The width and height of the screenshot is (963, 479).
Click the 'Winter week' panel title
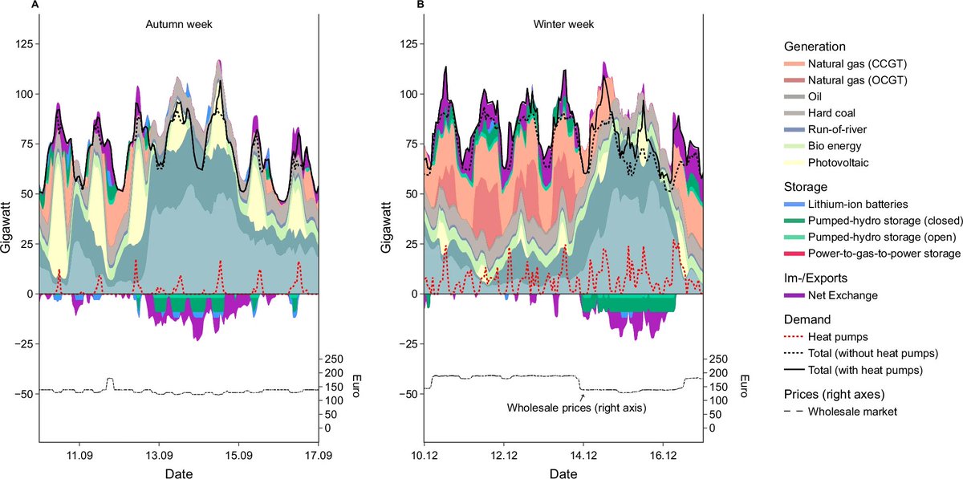563,24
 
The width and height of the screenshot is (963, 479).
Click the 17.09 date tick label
319,453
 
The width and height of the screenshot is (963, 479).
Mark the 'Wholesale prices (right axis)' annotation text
577,408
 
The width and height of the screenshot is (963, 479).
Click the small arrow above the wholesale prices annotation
583,396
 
